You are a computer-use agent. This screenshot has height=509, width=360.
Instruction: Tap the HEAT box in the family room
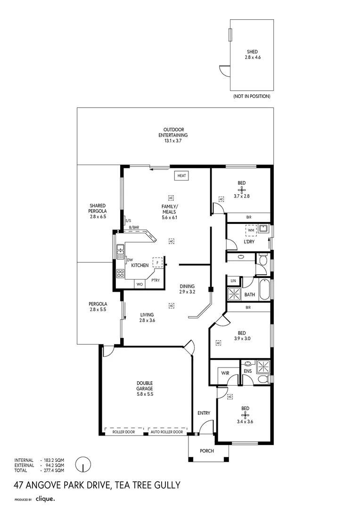point(182,176)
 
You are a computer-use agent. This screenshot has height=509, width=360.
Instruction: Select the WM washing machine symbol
point(251,230)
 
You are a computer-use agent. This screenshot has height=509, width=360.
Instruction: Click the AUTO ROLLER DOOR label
point(167,432)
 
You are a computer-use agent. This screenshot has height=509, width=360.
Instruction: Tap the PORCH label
point(207,451)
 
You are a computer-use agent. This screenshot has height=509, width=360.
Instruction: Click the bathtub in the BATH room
point(264,290)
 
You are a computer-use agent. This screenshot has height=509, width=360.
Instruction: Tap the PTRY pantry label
point(155,280)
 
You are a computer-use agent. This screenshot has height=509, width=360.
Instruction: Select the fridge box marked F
point(156,263)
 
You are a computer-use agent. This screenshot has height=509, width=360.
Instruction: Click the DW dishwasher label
point(130,260)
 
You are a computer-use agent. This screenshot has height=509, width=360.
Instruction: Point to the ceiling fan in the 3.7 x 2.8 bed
point(242,190)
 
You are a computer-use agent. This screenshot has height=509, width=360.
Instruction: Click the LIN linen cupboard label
point(233,280)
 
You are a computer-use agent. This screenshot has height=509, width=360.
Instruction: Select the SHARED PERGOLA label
point(98,211)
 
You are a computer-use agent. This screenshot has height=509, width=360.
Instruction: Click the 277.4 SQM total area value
point(53,470)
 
